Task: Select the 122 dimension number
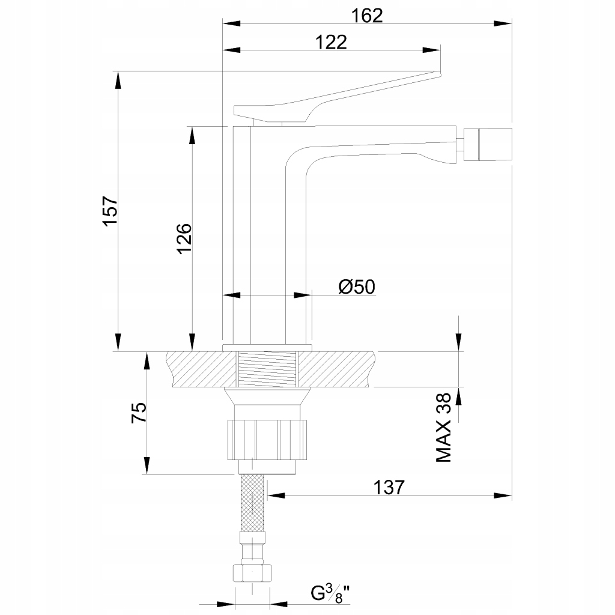click(x=331, y=41)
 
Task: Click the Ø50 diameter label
click(x=356, y=287)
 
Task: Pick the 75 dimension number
click(x=139, y=414)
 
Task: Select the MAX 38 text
click(x=444, y=428)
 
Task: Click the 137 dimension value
click(x=389, y=486)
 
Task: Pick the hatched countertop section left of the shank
click(x=202, y=369)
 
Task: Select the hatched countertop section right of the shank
click(x=336, y=369)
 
